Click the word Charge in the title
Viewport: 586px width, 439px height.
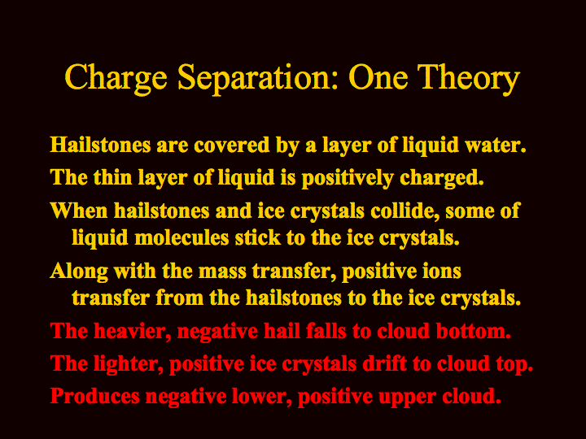tap(116, 78)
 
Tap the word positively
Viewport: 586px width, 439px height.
tap(348, 178)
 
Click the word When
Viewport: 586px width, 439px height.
tap(79, 211)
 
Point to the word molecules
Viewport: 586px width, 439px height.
tap(181, 237)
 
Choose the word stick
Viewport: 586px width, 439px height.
tap(257, 237)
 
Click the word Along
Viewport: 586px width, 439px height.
tap(79, 271)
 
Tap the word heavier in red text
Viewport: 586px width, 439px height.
tap(133, 331)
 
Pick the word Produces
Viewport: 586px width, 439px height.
tap(95, 396)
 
